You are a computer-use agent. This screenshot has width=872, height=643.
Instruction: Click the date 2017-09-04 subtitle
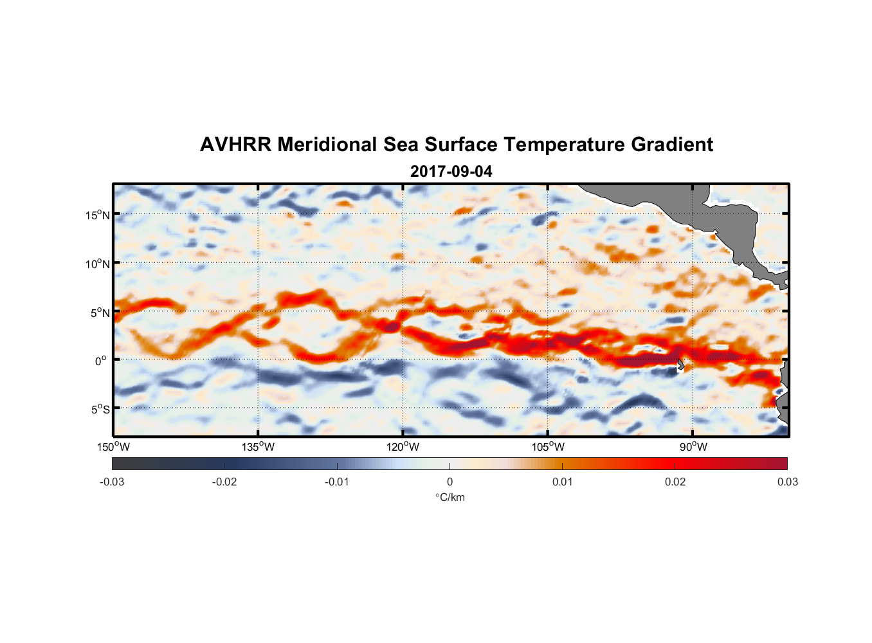click(x=451, y=172)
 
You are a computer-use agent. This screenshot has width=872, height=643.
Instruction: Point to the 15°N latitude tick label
click(x=97, y=215)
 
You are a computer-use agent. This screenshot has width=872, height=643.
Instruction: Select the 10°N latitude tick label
click(x=97, y=264)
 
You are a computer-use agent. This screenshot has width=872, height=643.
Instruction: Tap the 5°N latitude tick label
click(x=99, y=312)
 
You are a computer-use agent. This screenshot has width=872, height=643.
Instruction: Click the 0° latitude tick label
click(x=101, y=361)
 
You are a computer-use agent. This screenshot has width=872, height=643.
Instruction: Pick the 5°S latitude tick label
click(x=99, y=410)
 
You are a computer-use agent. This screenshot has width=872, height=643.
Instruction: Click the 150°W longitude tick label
click(x=113, y=447)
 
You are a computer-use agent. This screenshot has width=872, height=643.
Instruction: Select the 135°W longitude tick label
click(x=258, y=447)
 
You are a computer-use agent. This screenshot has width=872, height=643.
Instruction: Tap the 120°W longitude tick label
click(x=403, y=447)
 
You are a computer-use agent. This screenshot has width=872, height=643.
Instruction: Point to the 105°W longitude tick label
click(x=548, y=447)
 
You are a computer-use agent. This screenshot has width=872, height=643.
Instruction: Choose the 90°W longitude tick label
click(x=693, y=447)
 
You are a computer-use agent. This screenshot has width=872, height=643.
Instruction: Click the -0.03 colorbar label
click(x=112, y=482)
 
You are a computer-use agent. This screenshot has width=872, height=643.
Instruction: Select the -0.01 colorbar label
click(x=337, y=482)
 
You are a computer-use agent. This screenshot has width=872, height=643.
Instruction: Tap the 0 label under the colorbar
click(x=450, y=482)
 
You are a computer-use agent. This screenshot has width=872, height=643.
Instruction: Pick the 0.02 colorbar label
click(x=675, y=482)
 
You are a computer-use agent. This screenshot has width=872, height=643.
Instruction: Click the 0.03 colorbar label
click(x=787, y=482)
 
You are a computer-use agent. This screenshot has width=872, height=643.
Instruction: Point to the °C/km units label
click(x=450, y=497)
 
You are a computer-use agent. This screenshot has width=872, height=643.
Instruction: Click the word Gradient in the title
click(x=671, y=145)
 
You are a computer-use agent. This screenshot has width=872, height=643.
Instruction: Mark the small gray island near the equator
click(x=681, y=365)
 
